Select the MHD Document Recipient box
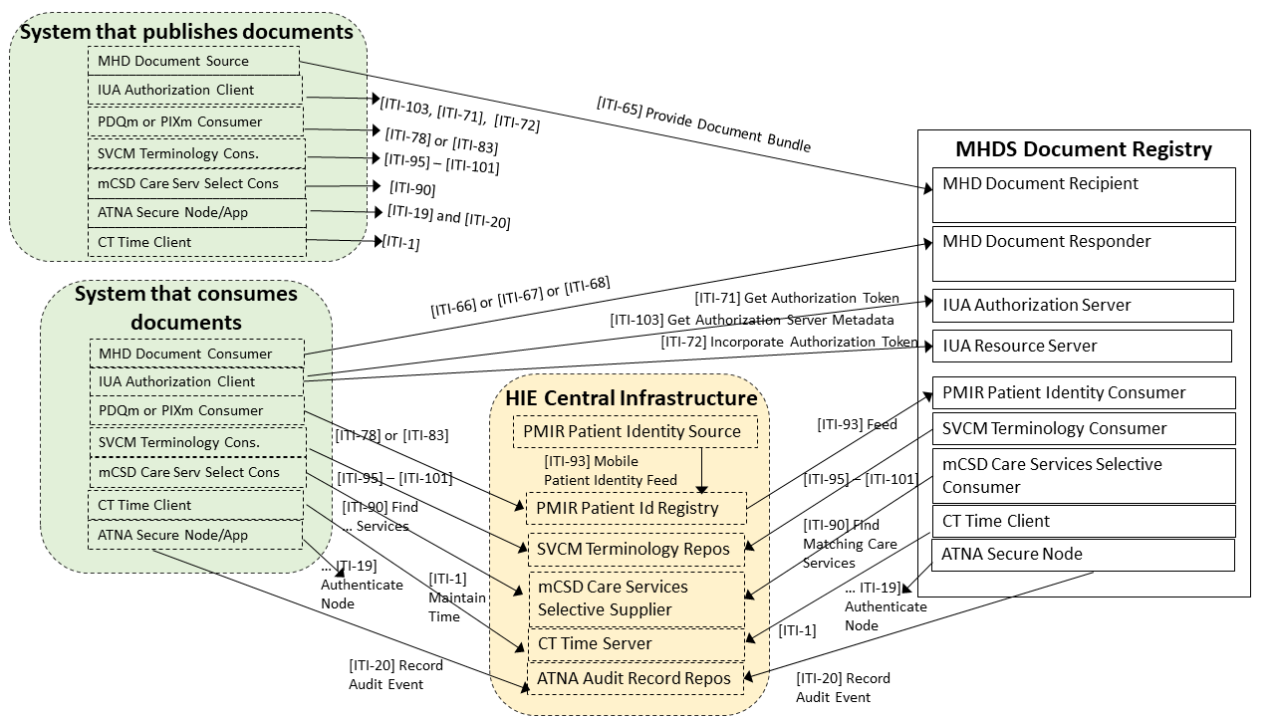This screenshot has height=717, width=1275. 1084,194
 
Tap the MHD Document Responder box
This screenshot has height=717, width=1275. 1084,253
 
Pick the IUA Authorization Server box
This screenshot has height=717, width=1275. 1083,305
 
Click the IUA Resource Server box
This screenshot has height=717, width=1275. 1082,346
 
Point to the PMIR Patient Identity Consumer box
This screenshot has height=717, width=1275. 1084,392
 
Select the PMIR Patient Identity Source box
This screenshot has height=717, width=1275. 636,431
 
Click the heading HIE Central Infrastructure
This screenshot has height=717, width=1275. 632,398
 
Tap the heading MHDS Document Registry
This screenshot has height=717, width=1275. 1084,149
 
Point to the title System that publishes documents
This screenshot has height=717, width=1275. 187,32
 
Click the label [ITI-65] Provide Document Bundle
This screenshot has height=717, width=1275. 703,124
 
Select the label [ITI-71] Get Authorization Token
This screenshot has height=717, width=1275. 797,298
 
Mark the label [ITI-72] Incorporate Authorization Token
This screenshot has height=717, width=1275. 789,342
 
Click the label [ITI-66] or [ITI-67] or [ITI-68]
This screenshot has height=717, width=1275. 520,296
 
